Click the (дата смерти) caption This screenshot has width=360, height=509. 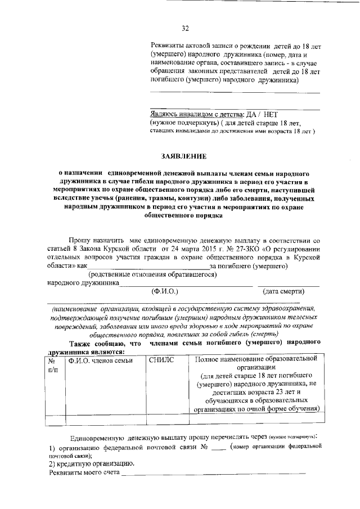284,292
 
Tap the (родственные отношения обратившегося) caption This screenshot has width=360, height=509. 152,274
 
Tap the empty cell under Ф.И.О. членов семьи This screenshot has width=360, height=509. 105,418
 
